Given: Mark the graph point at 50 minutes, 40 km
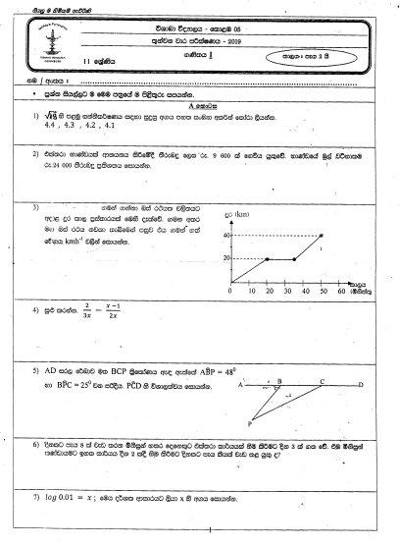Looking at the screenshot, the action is [322, 236].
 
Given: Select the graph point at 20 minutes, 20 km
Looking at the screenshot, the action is [268, 259].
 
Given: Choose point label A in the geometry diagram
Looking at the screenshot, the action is [238, 385].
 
